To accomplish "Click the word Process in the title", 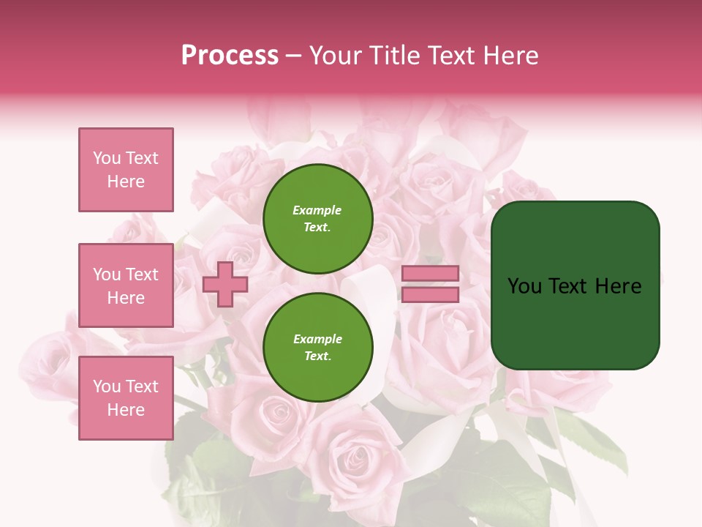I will (x=230, y=56).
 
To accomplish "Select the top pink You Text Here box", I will (x=126, y=170).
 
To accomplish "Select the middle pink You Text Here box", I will (x=126, y=285).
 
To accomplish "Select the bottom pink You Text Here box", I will (x=126, y=398).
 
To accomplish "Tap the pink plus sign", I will (x=225, y=284).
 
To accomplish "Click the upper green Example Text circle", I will (x=318, y=219).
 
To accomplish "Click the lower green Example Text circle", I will (x=318, y=348).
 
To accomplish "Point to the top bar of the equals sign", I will (x=430, y=274).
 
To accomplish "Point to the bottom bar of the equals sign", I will (x=430, y=295).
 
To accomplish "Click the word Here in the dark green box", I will (x=618, y=286).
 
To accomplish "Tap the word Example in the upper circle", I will (x=317, y=210).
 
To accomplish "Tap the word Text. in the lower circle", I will (x=317, y=356).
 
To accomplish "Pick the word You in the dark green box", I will (x=524, y=286).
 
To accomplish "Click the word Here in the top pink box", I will (x=126, y=182).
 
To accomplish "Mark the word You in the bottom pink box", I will (x=107, y=386).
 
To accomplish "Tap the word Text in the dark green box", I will (x=568, y=286).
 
